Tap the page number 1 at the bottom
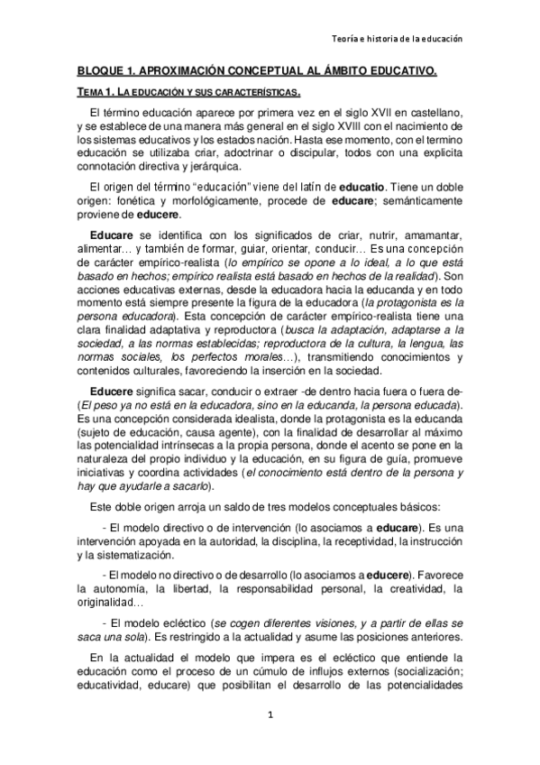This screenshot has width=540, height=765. point(270,714)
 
